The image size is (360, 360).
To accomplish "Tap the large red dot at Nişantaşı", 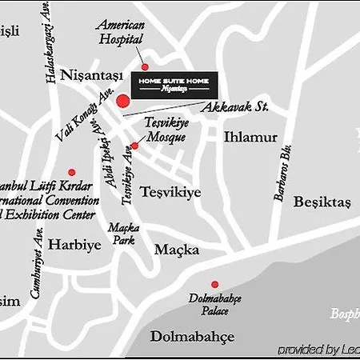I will point(123,101).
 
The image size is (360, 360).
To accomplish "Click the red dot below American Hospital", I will point(145,66).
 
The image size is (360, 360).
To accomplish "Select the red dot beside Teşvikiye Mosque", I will point(134,146).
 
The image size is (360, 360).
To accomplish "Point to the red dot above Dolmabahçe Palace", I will point(214,284).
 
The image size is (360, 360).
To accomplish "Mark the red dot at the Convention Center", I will point(71,172).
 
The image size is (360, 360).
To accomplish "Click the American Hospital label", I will point(121,32).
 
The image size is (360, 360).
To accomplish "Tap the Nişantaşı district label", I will point(94,75).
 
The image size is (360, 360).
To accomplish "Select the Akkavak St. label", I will point(234,106).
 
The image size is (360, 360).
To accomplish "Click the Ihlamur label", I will point(250,137).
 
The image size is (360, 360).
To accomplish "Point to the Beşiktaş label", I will point(322,202).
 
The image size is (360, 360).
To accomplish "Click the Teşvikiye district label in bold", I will point(170,192).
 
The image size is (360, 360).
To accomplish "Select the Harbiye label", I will point(74,245).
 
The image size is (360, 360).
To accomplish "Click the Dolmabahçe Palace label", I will point(215,304).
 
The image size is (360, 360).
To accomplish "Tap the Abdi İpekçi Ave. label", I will point(108,160).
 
